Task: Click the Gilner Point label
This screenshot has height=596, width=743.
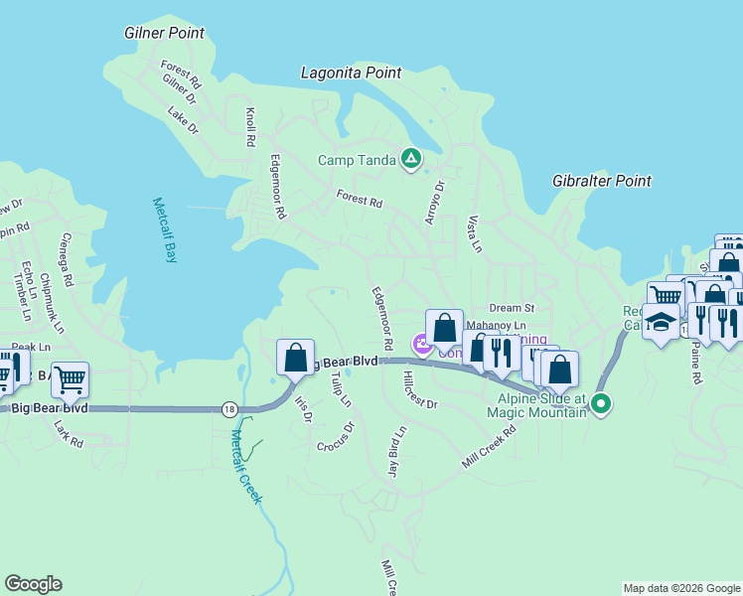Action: (164, 33)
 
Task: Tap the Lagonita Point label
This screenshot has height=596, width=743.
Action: (351, 73)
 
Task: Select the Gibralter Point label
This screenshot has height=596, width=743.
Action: (602, 181)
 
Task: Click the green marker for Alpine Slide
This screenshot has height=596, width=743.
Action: (600, 403)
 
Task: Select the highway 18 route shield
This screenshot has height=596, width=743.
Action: (229, 408)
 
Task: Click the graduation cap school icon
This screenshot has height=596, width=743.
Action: (661, 322)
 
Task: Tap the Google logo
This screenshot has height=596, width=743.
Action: (33, 584)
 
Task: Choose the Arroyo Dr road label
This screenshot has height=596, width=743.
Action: (434, 202)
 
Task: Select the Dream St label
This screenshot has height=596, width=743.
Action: (511, 308)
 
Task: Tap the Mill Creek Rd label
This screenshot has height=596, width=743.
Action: (489, 450)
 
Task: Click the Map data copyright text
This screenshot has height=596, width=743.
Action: (681, 588)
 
